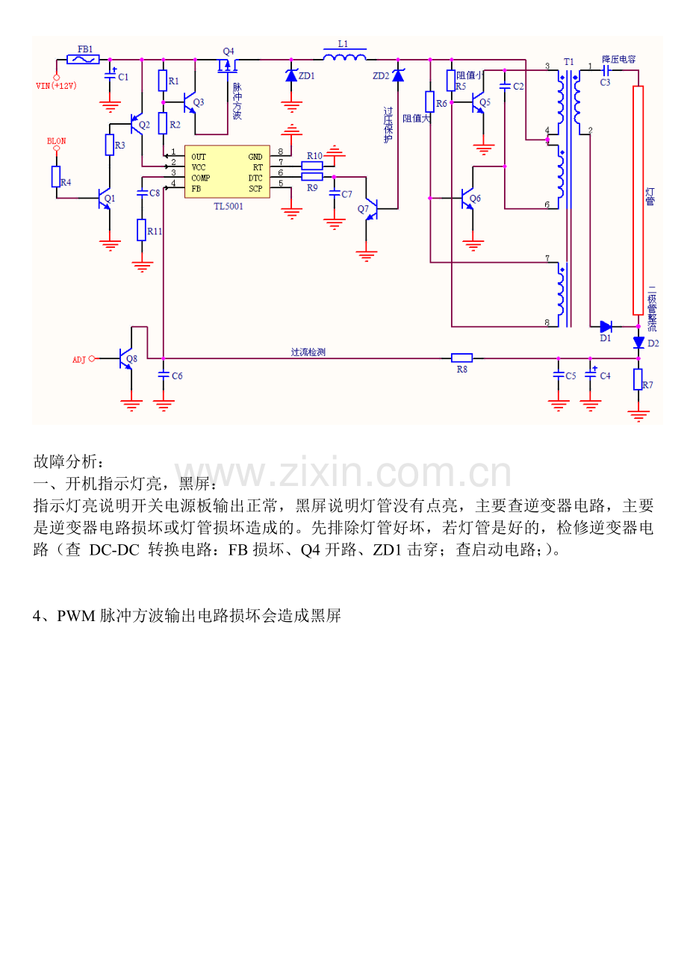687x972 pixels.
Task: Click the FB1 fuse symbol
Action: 83,59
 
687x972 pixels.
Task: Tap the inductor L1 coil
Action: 344,57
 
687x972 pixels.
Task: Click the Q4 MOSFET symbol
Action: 226,66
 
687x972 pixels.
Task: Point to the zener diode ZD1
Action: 291,75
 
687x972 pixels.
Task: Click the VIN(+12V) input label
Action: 57,86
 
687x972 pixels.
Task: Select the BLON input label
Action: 57,140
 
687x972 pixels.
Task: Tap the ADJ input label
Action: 79,359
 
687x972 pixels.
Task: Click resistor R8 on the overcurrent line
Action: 462,358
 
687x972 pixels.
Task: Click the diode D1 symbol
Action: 606,326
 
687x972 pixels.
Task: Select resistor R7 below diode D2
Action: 638,379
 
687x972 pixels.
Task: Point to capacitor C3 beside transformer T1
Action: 606,69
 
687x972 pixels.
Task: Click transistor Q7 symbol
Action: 373,209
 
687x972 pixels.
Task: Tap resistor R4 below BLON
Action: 56,177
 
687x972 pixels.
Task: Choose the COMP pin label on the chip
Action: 200,178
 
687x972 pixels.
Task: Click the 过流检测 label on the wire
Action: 308,352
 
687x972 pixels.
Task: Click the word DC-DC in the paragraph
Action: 114,549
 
